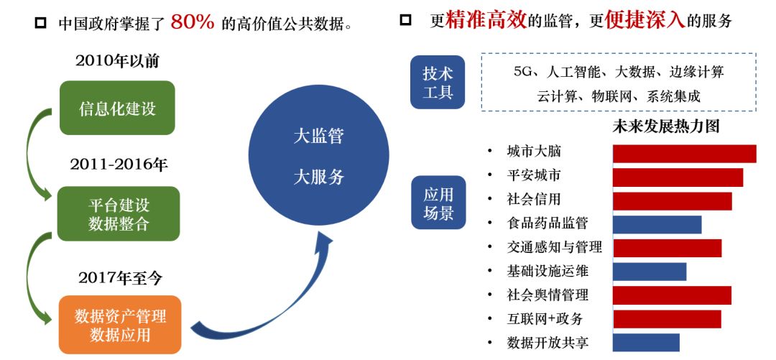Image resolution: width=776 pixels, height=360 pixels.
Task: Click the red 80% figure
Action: (193, 21)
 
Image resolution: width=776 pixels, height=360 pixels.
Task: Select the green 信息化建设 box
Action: (117, 108)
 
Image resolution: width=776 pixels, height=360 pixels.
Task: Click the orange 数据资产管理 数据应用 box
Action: (120, 325)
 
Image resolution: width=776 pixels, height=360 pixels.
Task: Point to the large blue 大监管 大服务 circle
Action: (318, 156)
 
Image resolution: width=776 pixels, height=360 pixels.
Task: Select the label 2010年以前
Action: (117, 61)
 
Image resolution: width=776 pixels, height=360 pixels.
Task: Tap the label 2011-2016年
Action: (119, 165)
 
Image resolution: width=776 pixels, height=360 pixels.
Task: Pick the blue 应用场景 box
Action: (438, 203)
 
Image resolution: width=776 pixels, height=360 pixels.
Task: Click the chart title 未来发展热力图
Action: (665, 127)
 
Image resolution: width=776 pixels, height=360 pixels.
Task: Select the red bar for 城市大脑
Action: (684, 154)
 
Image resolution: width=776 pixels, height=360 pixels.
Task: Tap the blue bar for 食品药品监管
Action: (657, 224)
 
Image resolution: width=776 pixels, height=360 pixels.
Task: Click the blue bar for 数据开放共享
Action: (646, 343)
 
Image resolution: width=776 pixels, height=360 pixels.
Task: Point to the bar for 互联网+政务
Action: (666, 319)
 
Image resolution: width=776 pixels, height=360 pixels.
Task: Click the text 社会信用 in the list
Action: (533, 199)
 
